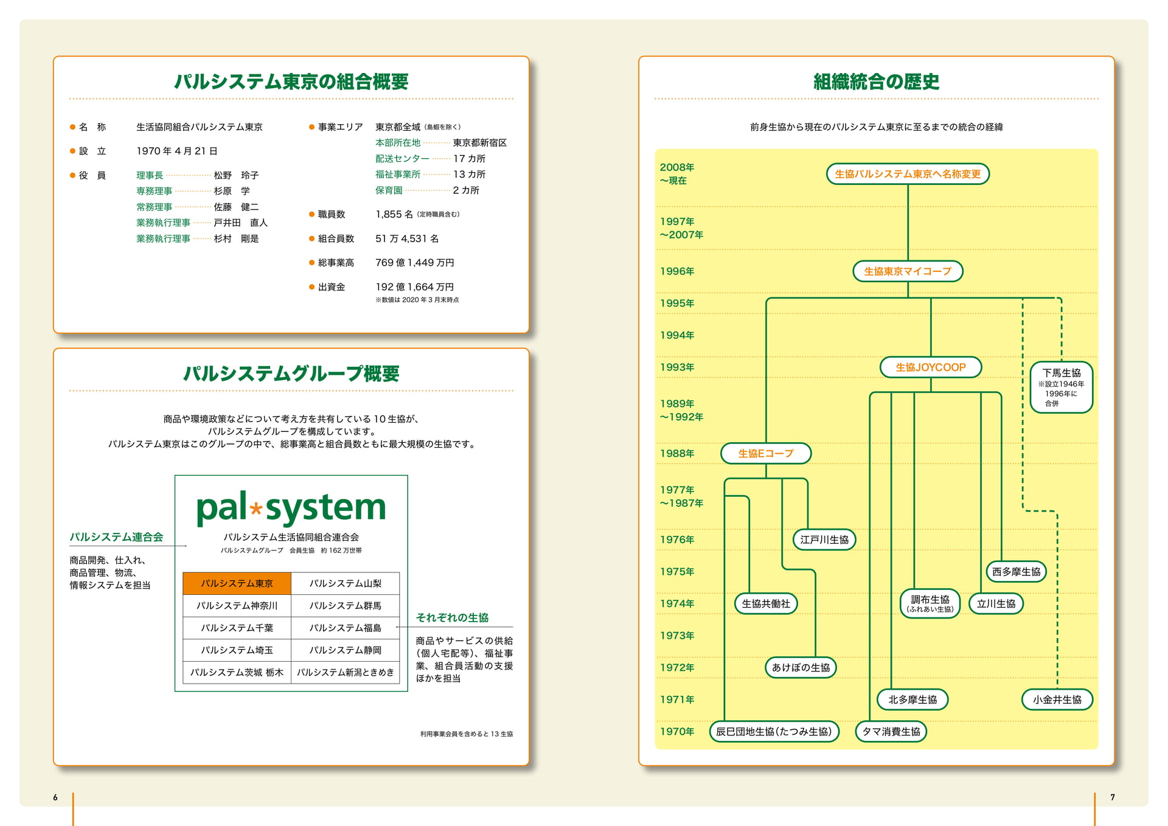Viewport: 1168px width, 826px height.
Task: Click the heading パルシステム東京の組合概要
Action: [291, 82]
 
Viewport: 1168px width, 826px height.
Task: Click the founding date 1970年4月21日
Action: [177, 151]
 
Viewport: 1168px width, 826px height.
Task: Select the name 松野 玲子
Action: [236, 175]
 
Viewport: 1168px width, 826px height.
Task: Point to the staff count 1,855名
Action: [394, 214]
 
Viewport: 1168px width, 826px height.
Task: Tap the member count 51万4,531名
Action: [407, 238]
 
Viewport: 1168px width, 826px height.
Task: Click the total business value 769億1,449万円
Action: [415, 263]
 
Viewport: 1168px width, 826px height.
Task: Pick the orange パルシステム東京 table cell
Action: [237, 583]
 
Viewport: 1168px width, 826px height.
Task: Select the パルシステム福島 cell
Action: [346, 628]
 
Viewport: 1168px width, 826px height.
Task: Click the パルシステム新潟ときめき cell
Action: [346, 672]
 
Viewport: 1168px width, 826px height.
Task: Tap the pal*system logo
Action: [291, 507]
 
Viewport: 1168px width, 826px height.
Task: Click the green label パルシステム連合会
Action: [116, 537]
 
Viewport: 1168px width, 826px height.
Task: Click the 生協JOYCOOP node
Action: [931, 367]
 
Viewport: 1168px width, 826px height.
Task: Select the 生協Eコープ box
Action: [766, 453]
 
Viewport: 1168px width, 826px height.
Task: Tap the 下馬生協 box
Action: [1062, 387]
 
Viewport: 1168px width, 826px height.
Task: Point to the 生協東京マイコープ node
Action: [908, 271]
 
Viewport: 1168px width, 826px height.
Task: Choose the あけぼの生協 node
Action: [801, 667]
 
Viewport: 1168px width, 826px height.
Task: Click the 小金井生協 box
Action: [1057, 699]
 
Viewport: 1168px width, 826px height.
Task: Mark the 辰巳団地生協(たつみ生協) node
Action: [774, 731]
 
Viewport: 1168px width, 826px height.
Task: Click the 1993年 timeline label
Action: [677, 367]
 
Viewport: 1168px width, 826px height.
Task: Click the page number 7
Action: [1113, 797]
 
